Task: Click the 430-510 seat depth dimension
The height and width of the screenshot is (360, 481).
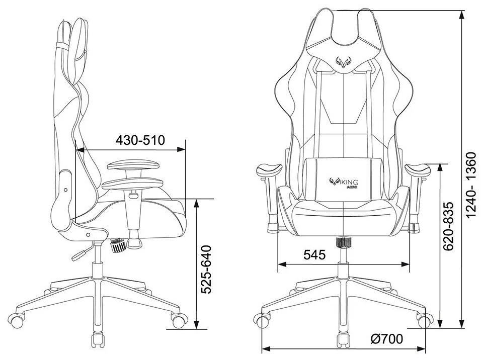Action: (x=140, y=140)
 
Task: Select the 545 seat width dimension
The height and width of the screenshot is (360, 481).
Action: (x=314, y=254)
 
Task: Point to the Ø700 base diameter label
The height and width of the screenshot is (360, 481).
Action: (x=386, y=339)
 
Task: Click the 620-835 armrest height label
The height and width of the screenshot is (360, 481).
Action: (x=450, y=226)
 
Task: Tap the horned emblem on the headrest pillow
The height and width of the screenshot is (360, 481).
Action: (x=344, y=62)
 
